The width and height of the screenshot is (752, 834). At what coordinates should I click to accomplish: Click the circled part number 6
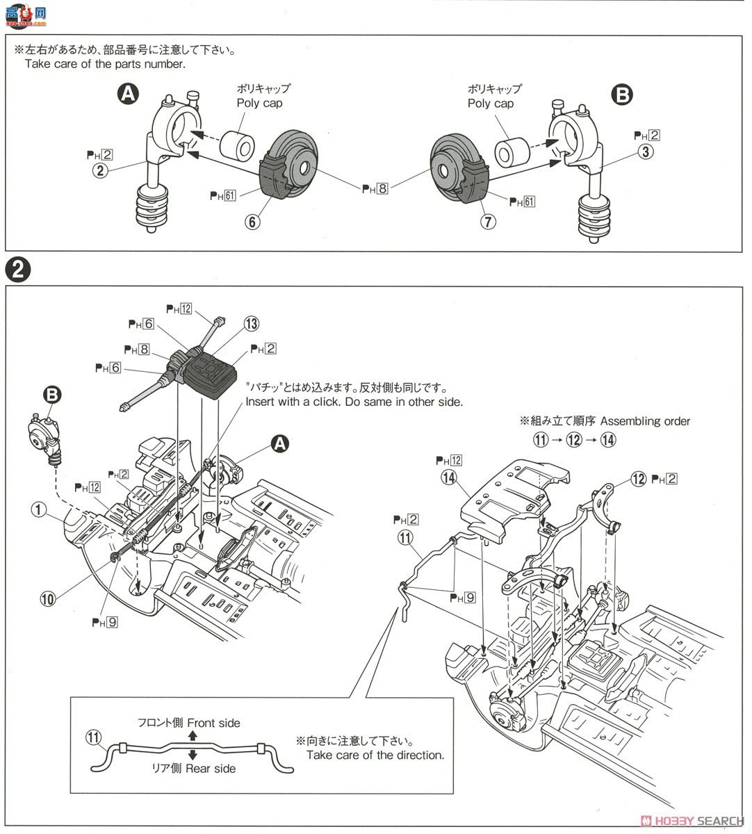[252, 222]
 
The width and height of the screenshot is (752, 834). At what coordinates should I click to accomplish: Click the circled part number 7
[489, 222]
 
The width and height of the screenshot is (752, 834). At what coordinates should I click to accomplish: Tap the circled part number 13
[251, 323]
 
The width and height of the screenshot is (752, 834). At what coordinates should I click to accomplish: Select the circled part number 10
[47, 598]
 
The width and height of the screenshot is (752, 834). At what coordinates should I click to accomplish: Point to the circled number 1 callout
[39, 510]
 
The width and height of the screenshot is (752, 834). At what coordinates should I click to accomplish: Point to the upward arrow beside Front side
[193, 735]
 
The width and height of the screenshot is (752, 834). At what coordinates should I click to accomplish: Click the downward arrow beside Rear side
[193, 755]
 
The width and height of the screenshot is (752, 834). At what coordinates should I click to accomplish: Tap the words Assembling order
[645, 421]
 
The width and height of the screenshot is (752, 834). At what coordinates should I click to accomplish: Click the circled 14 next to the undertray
[448, 477]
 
